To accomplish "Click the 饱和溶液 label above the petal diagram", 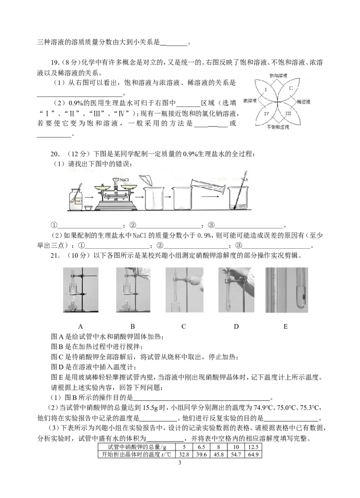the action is (278, 76).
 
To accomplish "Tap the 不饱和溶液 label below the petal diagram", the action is (278, 127).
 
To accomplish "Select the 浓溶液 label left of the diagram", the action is (250, 101).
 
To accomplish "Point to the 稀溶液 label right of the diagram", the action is (304, 102).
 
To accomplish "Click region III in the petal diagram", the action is (288, 113).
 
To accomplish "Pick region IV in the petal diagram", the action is (266, 113).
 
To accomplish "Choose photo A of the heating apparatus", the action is (81, 290).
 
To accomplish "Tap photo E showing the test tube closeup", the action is (287, 290).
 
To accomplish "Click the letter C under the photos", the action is (184, 327).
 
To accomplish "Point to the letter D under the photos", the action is (236, 327).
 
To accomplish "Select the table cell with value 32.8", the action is (184, 454).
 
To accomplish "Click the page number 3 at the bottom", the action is (180, 463).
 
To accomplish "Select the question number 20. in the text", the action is (54, 154).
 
